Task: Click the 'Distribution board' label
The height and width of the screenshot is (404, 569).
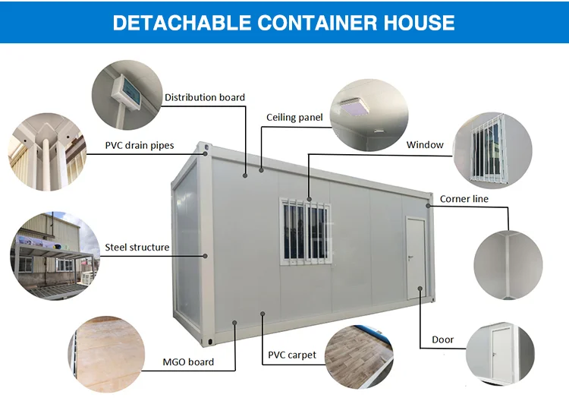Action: [205, 97]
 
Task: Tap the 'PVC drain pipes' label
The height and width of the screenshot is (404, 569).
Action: [139, 146]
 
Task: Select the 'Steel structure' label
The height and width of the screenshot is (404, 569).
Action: [137, 247]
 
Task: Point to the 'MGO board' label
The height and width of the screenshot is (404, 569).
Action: [189, 362]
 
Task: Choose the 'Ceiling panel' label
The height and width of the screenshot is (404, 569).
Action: [294, 118]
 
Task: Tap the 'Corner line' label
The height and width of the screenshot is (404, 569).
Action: [464, 199]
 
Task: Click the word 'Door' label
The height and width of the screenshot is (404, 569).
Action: [443, 339]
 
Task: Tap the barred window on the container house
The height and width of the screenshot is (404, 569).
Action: [306, 232]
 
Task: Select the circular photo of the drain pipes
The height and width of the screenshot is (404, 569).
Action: [44, 149]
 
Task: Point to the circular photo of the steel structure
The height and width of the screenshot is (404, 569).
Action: [46, 252]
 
